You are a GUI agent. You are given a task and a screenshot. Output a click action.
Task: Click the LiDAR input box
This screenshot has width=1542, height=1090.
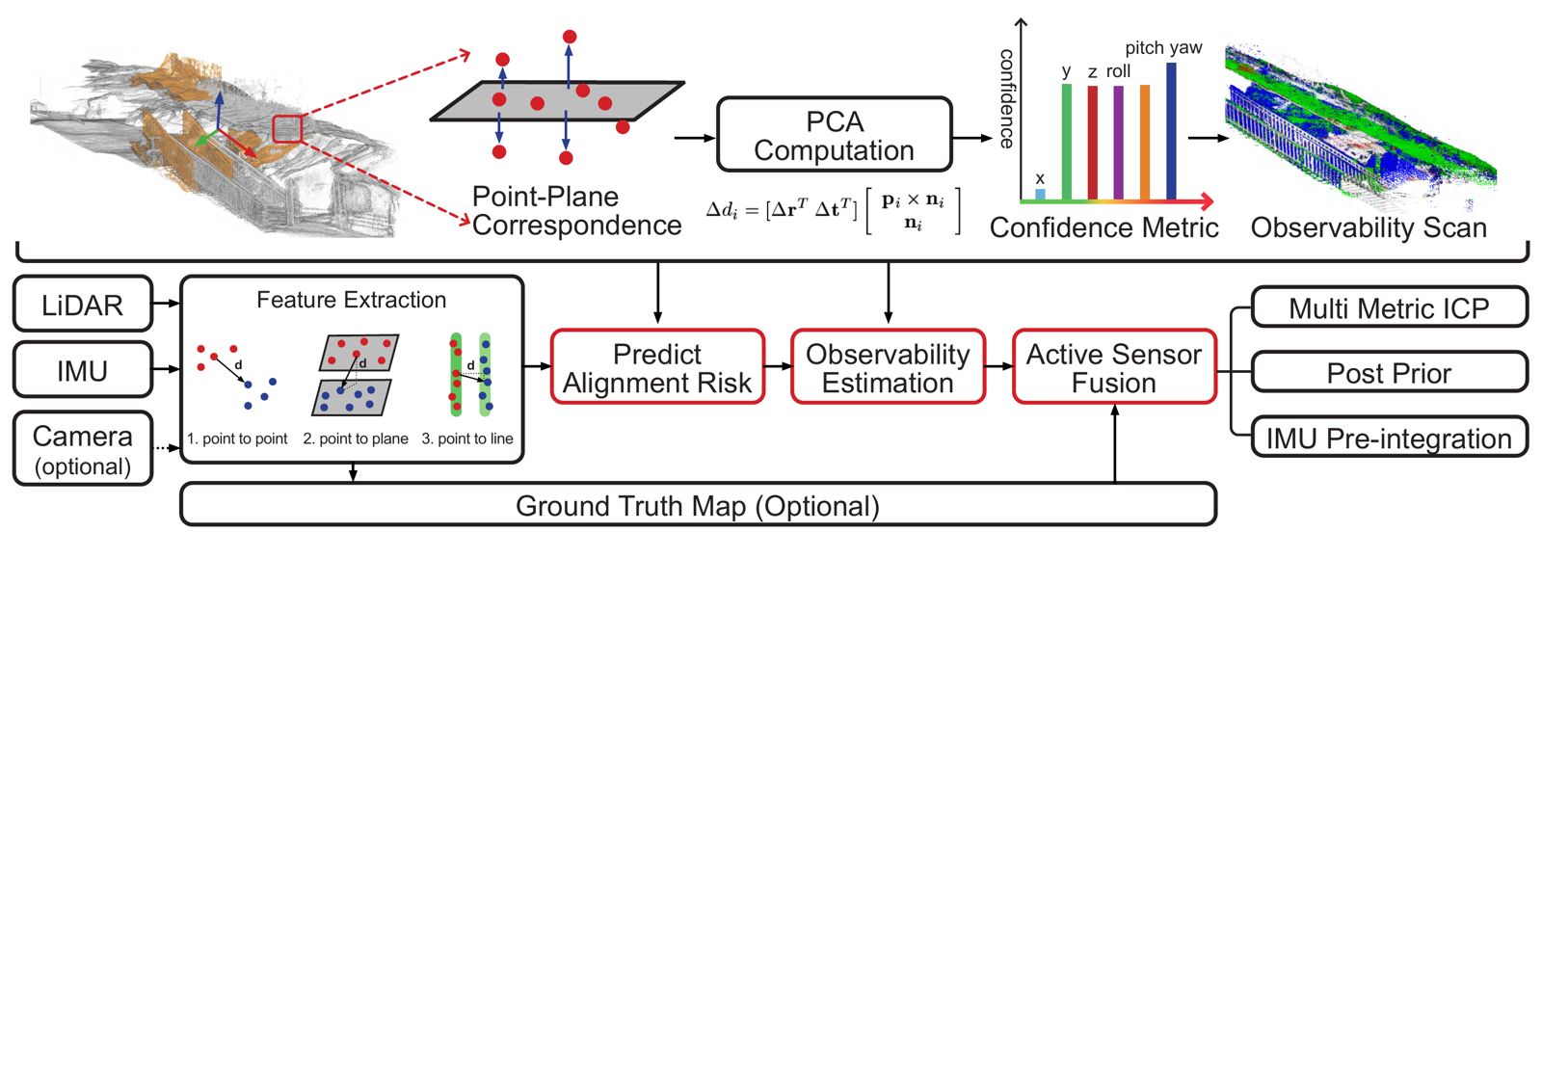click(x=83, y=305)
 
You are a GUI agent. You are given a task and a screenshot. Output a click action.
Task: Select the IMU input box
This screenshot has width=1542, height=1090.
click(x=83, y=370)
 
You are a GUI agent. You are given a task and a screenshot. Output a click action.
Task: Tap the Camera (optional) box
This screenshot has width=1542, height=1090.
click(x=83, y=449)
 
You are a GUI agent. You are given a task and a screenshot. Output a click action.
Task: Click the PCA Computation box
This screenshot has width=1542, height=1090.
click(x=835, y=136)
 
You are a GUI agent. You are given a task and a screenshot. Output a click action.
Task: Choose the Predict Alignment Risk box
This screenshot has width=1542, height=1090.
click(x=657, y=367)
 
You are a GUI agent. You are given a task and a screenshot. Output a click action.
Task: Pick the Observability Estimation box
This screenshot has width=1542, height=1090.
click(x=888, y=367)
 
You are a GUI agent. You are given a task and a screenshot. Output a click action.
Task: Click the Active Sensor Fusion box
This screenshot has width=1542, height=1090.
click(x=1114, y=367)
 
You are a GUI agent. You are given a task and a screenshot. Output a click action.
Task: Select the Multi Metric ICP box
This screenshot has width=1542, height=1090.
click(x=1389, y=307)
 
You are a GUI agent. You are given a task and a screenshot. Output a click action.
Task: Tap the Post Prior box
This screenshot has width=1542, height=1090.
click(x=1389, y=373)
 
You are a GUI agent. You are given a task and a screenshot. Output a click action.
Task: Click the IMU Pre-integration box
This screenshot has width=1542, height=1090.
click(x=1389, y=438)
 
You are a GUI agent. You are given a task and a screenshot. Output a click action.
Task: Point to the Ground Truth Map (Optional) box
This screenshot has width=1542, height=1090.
click(x=698, y=505)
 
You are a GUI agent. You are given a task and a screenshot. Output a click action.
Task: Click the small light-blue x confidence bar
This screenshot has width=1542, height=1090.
click(x=1040, y=195)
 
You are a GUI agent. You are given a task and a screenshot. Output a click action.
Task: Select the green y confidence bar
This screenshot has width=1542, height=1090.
click(x=1066, y=142)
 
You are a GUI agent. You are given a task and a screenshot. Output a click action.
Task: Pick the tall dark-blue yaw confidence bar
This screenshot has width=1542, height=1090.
click(x=1171, y=131)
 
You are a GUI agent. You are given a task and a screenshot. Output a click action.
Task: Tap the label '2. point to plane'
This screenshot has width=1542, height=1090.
click(x=355, y=439)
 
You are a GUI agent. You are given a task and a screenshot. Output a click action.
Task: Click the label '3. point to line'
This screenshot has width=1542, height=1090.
click(x=467, y=439)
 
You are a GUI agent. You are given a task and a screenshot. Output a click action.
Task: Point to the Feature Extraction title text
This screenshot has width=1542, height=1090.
click(x=351, y=300)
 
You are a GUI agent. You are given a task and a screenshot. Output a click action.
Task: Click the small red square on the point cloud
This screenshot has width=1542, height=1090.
click(x=287, y=129)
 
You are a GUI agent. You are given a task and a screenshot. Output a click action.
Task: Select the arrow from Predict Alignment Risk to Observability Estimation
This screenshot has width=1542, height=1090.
click(x=778, y=367)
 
